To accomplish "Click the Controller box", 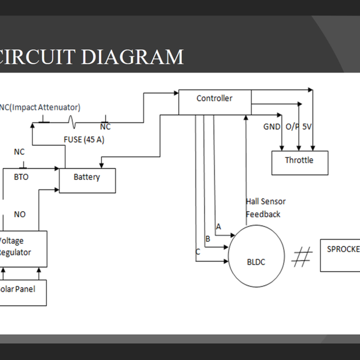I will pyautogui.click(x=215, y=101).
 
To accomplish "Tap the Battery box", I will pyautogui.click(x=87, y=180).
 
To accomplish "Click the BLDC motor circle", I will pyautogui.click(x=256, y=262).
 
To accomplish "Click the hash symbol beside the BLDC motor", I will pyautogui.click(x=302, y=257).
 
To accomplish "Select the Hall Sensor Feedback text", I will pyautogui.click(x=265, y=208).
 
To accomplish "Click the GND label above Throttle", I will pyautogui.click(x=272, y=127).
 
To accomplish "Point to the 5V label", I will pyautogui.click(x=307, y=127).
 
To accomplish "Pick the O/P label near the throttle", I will pyautogui.click(x=292, y=127).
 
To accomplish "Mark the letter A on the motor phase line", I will pyautogui.click(x=218, y=226).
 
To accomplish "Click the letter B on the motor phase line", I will pyautogui.click(x=208, y=239).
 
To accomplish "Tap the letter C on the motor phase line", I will pyautogui.click(x=197, y=252).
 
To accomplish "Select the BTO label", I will pyautogui.click(x=21, y=177).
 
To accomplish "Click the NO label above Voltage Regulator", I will pyautogui.click(x=20, y=214).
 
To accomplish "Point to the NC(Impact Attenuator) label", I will pyautogui.click(x=41, y=107).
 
